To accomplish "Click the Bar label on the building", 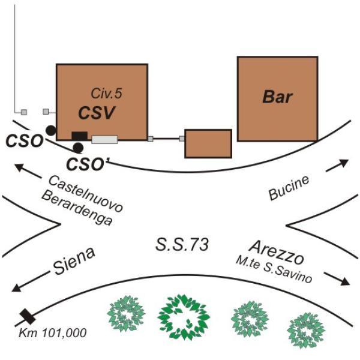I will [277, 96].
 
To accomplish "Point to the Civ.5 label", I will [106, 94].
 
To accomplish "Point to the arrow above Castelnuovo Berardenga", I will [27, 172].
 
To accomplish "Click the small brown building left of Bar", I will [208, 143].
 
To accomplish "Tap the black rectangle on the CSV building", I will [79, 136].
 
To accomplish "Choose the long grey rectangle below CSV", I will [104, 140].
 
